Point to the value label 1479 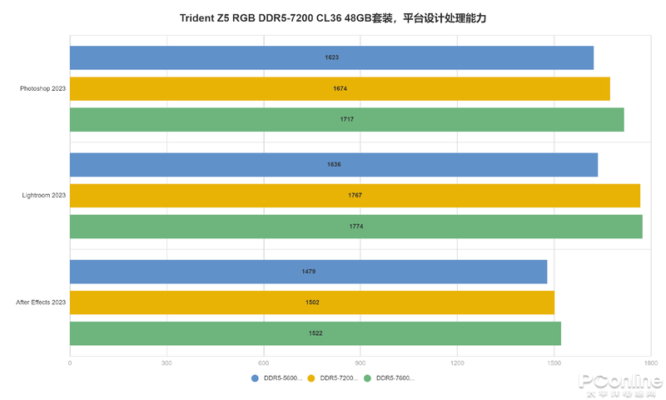click(x=309, y=272)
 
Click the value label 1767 click(x=355, y=196)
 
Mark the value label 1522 click(x=316, y=333)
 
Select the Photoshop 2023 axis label click(x=43, y=88)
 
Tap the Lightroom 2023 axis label click(x=44, y=196)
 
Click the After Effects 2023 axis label click(x=41, y=302)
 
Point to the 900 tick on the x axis click(x=360, y=363)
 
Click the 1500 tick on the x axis click(x=554, y=363)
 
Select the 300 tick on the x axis click(x=166, y=363)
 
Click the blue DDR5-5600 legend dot click(x=256, y=378)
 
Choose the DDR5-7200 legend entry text click(x=339, y=378)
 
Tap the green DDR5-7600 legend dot click(x=368, y=378)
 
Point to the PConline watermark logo click(x=620, y=384)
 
